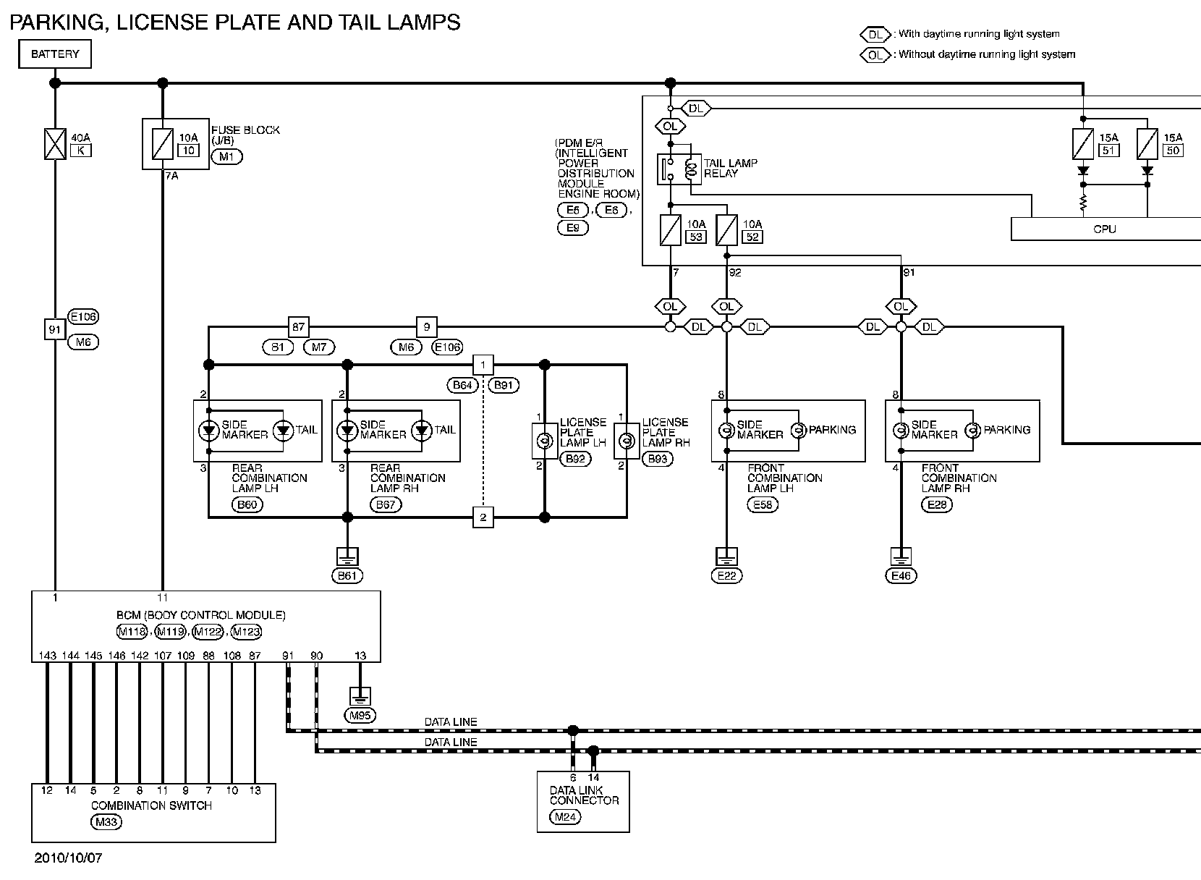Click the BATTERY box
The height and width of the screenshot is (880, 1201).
coord(55,54)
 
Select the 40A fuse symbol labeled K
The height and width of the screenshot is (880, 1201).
coord(55,143)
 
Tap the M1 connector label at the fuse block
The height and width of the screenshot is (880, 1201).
coord(226,156)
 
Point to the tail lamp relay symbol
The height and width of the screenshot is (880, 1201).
coord(678,170)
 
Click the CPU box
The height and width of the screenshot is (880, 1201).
coord(1105,229)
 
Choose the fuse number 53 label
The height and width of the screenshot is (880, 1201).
coord(695,237)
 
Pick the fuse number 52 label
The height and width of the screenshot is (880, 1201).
coord(752,237)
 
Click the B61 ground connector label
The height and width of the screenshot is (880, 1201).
coord(347,576)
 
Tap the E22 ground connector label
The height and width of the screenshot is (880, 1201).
coord(726,576)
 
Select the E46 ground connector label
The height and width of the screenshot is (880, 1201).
coord(901,576)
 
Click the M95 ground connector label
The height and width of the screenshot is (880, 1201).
coord(360,716)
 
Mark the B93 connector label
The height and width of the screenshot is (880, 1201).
coord(658,458)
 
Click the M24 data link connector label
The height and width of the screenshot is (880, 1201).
coord(565,818)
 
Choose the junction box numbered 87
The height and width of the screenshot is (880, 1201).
coord(299,327)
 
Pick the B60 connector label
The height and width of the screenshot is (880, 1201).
coord(247,504)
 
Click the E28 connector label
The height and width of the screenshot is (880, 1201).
coord(937,504)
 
